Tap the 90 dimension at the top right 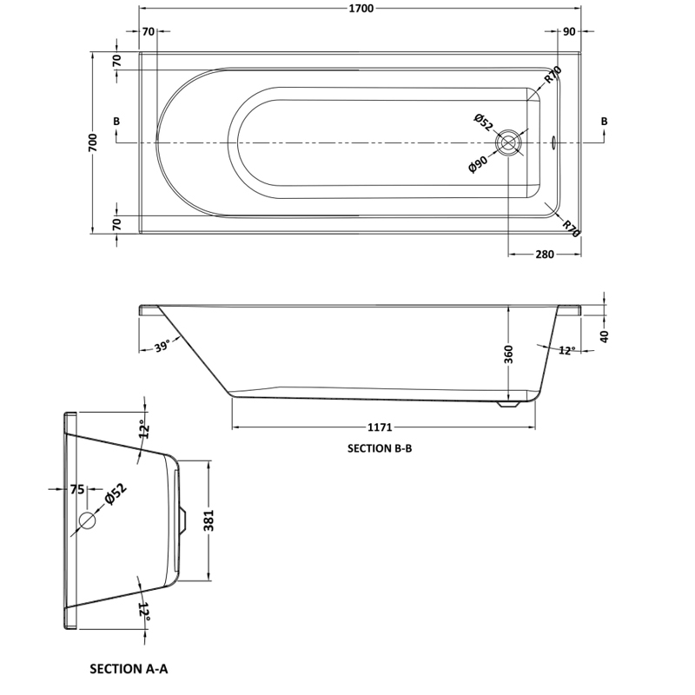click(570, 32)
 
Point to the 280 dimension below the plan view click(545, 255)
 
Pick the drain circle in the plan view click(507, 142)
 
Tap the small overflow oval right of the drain click(555, 142)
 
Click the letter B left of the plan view click(116, 121)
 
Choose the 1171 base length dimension click(382, 427)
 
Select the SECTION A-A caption click(128, 669)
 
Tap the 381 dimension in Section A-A click(208, 520)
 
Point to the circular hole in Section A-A click(87, 520)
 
